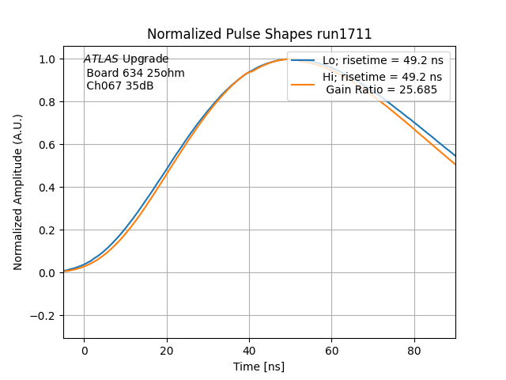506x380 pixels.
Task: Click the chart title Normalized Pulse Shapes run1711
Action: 259,34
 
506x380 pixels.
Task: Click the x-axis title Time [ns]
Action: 259,367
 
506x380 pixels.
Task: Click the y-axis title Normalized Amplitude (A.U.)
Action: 18,192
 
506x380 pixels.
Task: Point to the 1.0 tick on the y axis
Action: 48,59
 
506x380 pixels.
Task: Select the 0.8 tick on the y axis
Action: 48,102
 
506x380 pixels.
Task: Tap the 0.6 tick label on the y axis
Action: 48,145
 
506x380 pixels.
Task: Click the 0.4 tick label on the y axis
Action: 48,188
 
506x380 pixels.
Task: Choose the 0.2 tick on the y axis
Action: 48,230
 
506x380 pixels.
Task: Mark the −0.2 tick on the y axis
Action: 45,316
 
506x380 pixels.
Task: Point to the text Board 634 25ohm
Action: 135,73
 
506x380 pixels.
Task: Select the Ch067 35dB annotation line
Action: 119,86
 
